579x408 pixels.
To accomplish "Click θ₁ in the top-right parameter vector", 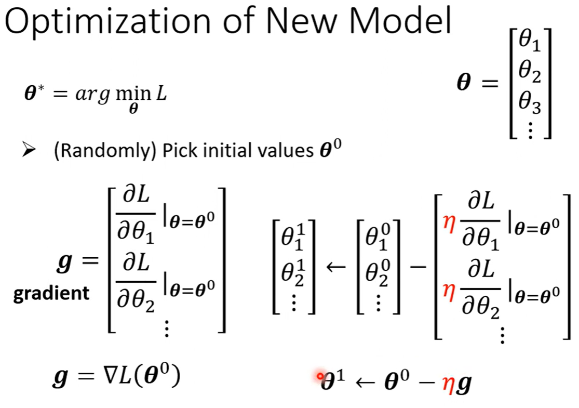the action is click(x=530, y=43).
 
